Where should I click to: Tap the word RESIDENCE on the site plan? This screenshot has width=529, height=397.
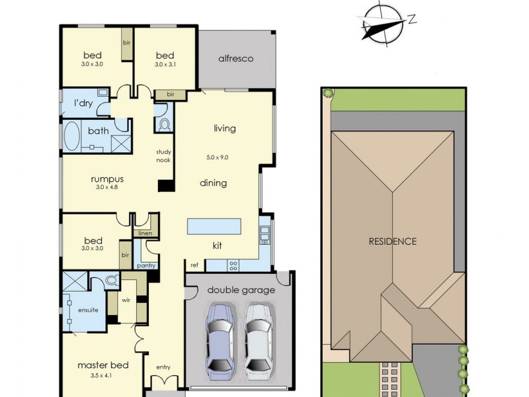(393, 241)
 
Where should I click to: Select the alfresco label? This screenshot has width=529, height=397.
(236, 59)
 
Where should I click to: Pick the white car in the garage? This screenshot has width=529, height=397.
(259, 338)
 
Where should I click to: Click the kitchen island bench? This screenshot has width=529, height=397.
(214, 227)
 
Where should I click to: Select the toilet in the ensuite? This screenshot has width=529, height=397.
(111, 280)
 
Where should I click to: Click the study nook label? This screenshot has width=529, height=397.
(163, 155)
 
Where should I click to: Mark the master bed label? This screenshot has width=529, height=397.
(102, 365)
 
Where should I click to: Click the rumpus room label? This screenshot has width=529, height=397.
(106, 179)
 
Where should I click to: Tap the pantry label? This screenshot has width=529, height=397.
(145, 265)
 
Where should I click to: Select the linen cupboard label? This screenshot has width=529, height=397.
(145, 234)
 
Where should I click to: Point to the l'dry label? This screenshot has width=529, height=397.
(83, 103)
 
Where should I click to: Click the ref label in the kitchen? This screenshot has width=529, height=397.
(194, 265)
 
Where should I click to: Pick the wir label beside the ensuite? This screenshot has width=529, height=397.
(126, 299)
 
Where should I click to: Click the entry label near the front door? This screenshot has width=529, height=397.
(163, 367)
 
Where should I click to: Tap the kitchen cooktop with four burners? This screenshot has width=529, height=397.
(233, 265)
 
